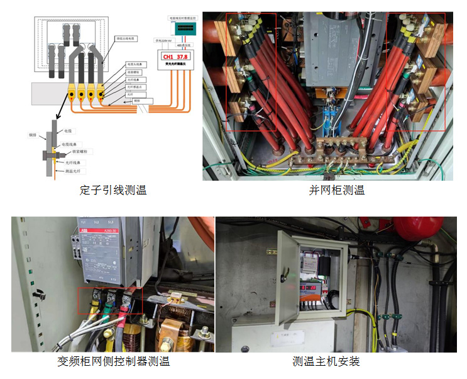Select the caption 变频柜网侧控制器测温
(x=113, y=361)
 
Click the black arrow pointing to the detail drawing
(x=61, y=112)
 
